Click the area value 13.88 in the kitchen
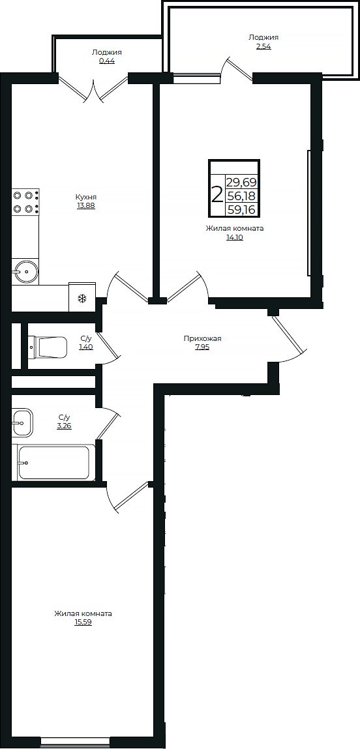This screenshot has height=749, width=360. (86, 205)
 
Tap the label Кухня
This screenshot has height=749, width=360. (86, 196)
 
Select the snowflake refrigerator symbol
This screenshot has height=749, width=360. (82, 299)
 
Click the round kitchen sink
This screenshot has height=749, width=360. (25, 269)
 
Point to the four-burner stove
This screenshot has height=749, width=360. (25, 201)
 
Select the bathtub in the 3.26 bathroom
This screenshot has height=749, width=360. (53, 462)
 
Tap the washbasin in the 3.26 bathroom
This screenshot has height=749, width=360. (21, 422)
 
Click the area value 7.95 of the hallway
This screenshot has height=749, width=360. (202, 347)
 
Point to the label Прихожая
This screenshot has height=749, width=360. (202, 338)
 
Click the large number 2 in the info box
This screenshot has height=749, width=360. (217, 194)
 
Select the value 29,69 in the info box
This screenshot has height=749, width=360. (241, 183)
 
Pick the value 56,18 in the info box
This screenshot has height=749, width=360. (241, 196)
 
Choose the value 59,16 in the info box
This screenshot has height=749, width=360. (241, 209)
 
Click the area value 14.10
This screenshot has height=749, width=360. (234, 238)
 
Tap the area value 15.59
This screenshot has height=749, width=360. (83, 623)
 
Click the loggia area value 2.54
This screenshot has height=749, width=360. (263, 46)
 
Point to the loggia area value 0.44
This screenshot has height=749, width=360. (106, 61)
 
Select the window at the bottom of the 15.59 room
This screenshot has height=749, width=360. (75, 741)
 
